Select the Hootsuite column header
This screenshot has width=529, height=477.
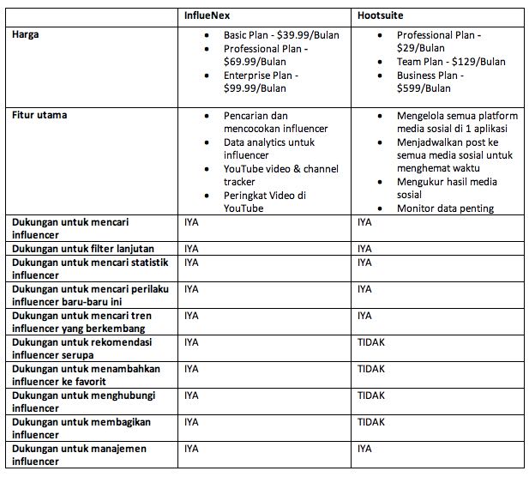[x=381, y=16]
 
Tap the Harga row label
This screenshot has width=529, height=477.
[x=27, y=34]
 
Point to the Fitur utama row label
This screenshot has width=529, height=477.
[x=39, y=114]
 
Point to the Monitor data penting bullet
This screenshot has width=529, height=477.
[x=445, y=208]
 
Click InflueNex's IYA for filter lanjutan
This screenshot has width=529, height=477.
[x=191, y=248]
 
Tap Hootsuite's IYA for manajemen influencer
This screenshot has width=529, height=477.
[x=364, y=449]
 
